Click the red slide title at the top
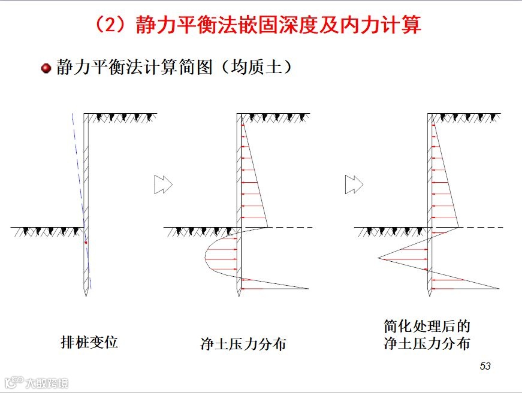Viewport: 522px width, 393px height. (x=258, y=25)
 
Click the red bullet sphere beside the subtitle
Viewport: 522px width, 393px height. (x=46, y=68)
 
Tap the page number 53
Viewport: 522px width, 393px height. (x=485, y=366)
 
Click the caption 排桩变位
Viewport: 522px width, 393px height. (x=89, y=342)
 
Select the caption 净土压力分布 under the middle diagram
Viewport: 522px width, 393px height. (x=243, y=344)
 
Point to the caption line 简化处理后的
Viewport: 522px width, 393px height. (x=427, y=326)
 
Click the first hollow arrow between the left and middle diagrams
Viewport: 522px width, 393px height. (x=164, y=185)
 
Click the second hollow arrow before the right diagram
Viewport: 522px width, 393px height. (x=354, y=185)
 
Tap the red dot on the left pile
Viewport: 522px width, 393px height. (x=86, y=243)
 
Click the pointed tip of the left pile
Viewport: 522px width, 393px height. (x=86, y=296)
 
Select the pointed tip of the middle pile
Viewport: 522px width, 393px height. (x=239, y=296)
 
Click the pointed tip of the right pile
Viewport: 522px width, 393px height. (x=430, y=296)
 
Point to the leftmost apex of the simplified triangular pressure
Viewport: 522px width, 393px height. (x=378, y=258)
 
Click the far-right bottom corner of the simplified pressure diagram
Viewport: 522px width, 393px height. (x=499, y=289)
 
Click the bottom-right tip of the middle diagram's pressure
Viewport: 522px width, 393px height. (x=309, y=289)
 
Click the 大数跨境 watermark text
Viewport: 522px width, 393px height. (x=47, y=383)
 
